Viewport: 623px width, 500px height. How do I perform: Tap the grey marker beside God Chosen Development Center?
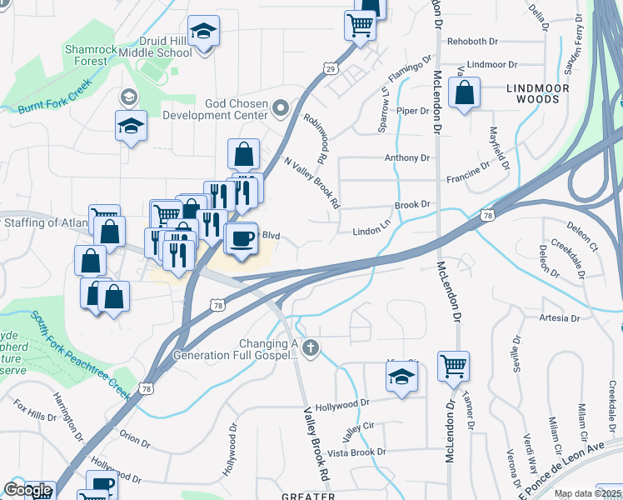point(281,107)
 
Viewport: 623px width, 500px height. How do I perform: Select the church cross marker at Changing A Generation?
point(311,348)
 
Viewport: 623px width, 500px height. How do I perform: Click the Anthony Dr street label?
point(406,157)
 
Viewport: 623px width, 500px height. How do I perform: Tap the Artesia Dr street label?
point(559,318)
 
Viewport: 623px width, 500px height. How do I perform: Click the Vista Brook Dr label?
point(356,452)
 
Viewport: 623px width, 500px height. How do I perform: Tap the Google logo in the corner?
point(27,490)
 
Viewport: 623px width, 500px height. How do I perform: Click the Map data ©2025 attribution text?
point(587,493)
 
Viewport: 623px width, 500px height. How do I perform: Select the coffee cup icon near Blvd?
point(242,237)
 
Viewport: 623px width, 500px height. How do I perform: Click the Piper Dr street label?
point(412,111)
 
